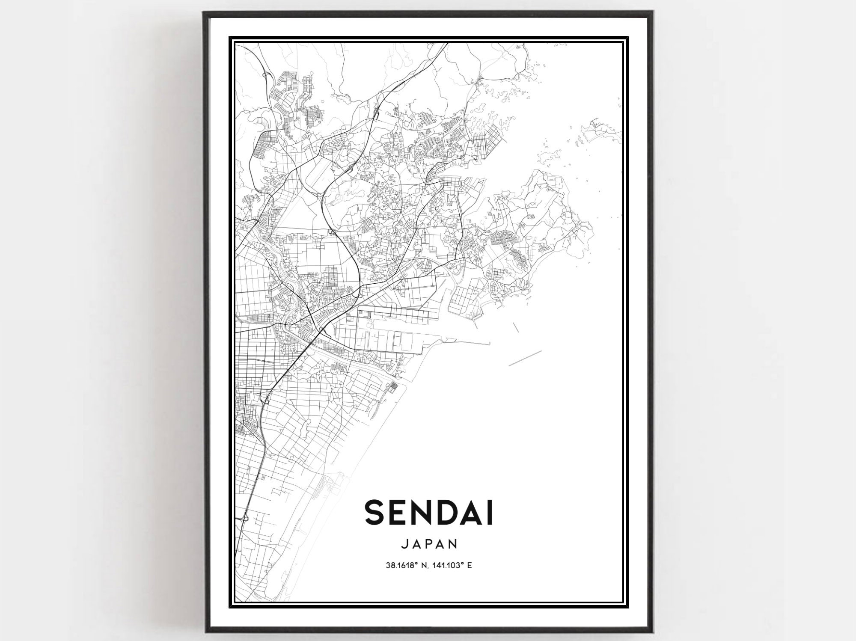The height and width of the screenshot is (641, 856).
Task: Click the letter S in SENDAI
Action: (375, 513)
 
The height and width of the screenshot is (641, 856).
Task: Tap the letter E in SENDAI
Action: (401, 513)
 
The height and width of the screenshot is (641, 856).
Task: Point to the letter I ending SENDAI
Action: (490, 513)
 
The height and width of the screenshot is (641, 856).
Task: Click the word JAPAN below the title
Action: (429, 544)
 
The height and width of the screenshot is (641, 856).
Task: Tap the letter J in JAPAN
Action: (405, 544)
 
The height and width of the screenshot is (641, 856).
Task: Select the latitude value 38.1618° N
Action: (408, 566)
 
